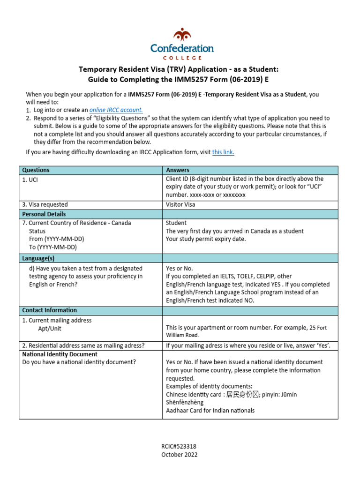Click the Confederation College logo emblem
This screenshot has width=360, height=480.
coord(182,35)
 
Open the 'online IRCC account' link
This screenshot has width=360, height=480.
coord(119,110)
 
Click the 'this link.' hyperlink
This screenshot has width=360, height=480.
coord(223,152)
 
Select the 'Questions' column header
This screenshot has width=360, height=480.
coord(36,170)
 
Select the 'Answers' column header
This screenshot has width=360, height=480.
coord(178,170)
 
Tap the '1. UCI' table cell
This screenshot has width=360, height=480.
coord(31,179)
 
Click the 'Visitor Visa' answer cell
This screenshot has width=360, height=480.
coord(180,205)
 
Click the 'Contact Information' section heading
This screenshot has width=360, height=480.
coord(49,310)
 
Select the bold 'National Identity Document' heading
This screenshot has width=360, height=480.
coord(60,354)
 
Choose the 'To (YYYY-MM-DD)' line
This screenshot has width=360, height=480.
coord(52,247)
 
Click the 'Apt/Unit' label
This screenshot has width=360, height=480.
coord(50,329)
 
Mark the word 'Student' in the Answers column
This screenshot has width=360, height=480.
coord(176,223)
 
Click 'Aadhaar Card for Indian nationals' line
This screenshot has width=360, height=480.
coord(210,410)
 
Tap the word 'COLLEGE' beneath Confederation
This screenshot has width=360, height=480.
coord(182,58)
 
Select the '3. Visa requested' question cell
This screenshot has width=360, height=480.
coord(45,205)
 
